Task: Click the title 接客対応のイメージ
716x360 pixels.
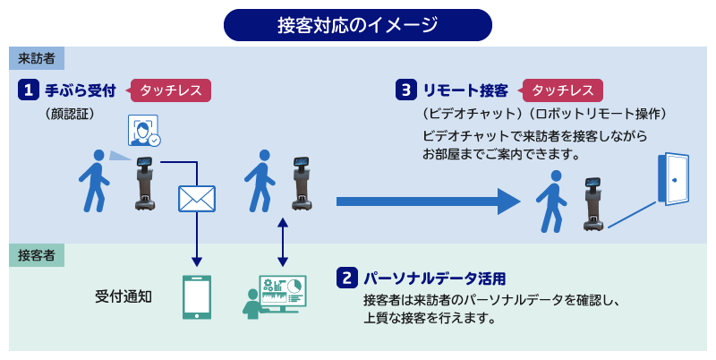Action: click(357, 25)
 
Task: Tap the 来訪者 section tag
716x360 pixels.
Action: click(37, 58)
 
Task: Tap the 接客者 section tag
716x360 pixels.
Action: click(37, 255)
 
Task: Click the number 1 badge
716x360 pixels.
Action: click(29, 90)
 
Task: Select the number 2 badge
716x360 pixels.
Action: click(347, 278)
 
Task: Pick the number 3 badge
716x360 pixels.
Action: click(406, 90)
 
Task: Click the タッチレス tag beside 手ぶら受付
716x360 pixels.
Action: click(170, 90)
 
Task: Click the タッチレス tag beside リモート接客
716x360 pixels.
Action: click(562, 90)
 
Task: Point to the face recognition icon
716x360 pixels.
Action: click(144, 131)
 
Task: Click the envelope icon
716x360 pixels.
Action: click(197, 199)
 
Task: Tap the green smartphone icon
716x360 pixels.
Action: click(197, 297)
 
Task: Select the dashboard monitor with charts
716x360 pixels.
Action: click(283, 294)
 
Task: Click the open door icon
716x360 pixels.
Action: click(673, 179)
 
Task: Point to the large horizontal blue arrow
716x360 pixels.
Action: click(429, 201)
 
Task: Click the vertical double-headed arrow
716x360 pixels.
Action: click(283, 242)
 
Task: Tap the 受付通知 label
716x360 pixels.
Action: click(124, 297)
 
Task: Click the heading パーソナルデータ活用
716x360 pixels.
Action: click(434, 279)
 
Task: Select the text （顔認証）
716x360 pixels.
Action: click(70, 114)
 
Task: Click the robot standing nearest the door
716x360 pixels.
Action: click(593, 203)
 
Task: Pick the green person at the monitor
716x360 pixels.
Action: click(251, 304)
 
